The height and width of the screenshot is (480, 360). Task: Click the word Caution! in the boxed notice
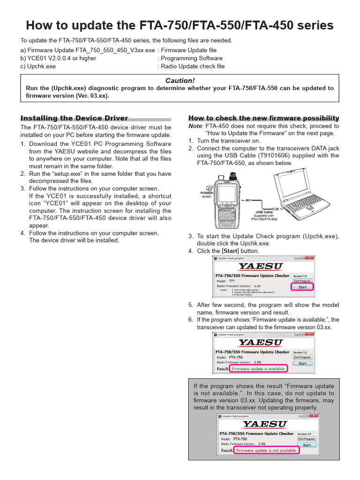point(180,81)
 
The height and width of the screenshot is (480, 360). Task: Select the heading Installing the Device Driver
point(74,118)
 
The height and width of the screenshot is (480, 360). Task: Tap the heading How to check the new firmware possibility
point(263,118)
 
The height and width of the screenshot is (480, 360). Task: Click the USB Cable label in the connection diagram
point(264,212)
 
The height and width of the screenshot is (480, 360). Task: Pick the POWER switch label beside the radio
point(207,195)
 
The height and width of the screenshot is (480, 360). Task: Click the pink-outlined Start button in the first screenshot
point(302,287)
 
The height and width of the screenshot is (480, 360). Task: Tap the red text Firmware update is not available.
point(266,450)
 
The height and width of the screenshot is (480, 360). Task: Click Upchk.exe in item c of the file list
point(41,67)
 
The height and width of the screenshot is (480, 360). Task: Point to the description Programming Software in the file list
point(192,59)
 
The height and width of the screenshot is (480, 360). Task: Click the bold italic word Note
point(195,126)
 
